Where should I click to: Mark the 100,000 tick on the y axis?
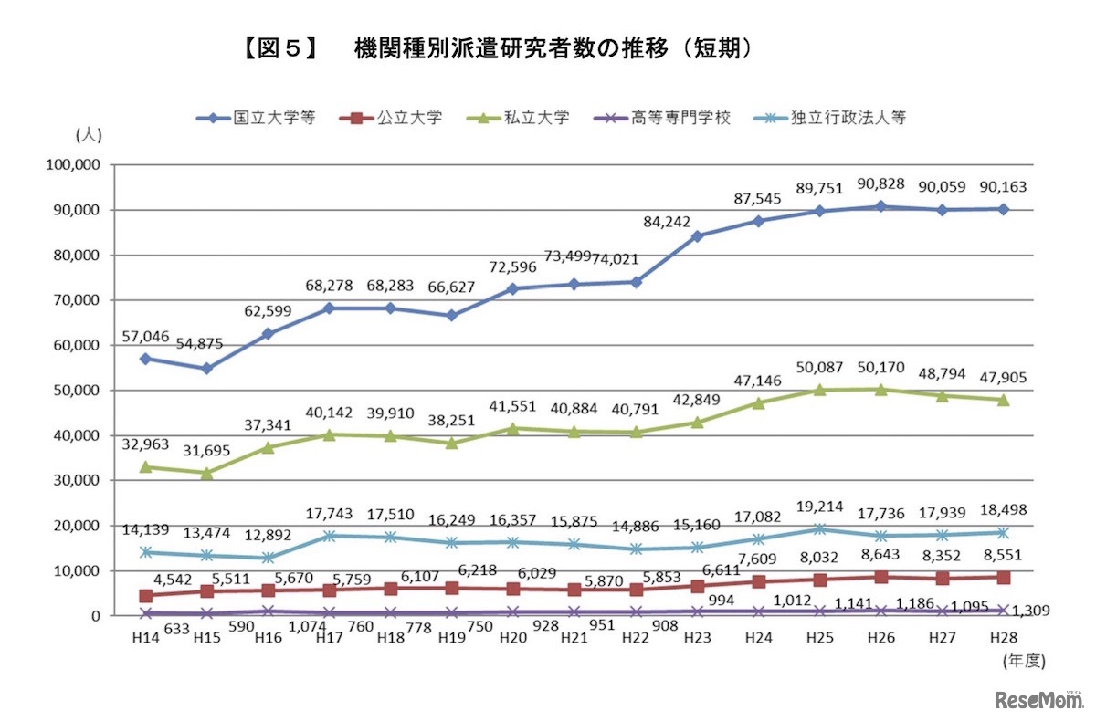pos(72,165)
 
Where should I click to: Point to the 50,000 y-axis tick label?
pos(76,391)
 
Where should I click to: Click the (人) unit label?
pos(89,134)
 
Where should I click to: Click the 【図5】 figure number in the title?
pos(279,48)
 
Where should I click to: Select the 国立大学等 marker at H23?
pos(698,236)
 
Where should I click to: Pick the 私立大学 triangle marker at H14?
pos(144,466)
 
